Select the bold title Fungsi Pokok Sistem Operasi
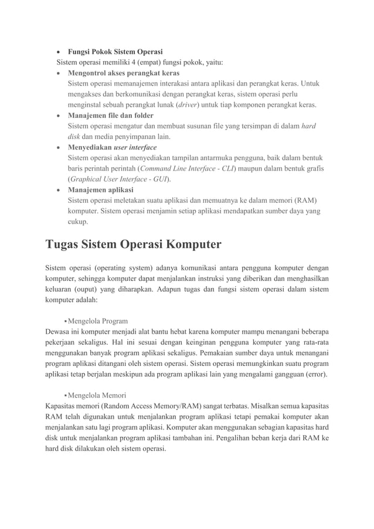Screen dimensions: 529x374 (115, 50)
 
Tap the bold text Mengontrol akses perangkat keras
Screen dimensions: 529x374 (124, 73)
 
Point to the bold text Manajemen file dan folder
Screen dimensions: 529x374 (111, 116)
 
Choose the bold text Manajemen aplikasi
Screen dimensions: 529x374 (100, 190)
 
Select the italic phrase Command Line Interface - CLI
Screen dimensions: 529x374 (185, 169)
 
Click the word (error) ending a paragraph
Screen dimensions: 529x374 (314, 374)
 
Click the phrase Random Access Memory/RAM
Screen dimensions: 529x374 (147, 406)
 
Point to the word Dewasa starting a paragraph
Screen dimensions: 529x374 (59, 331)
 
